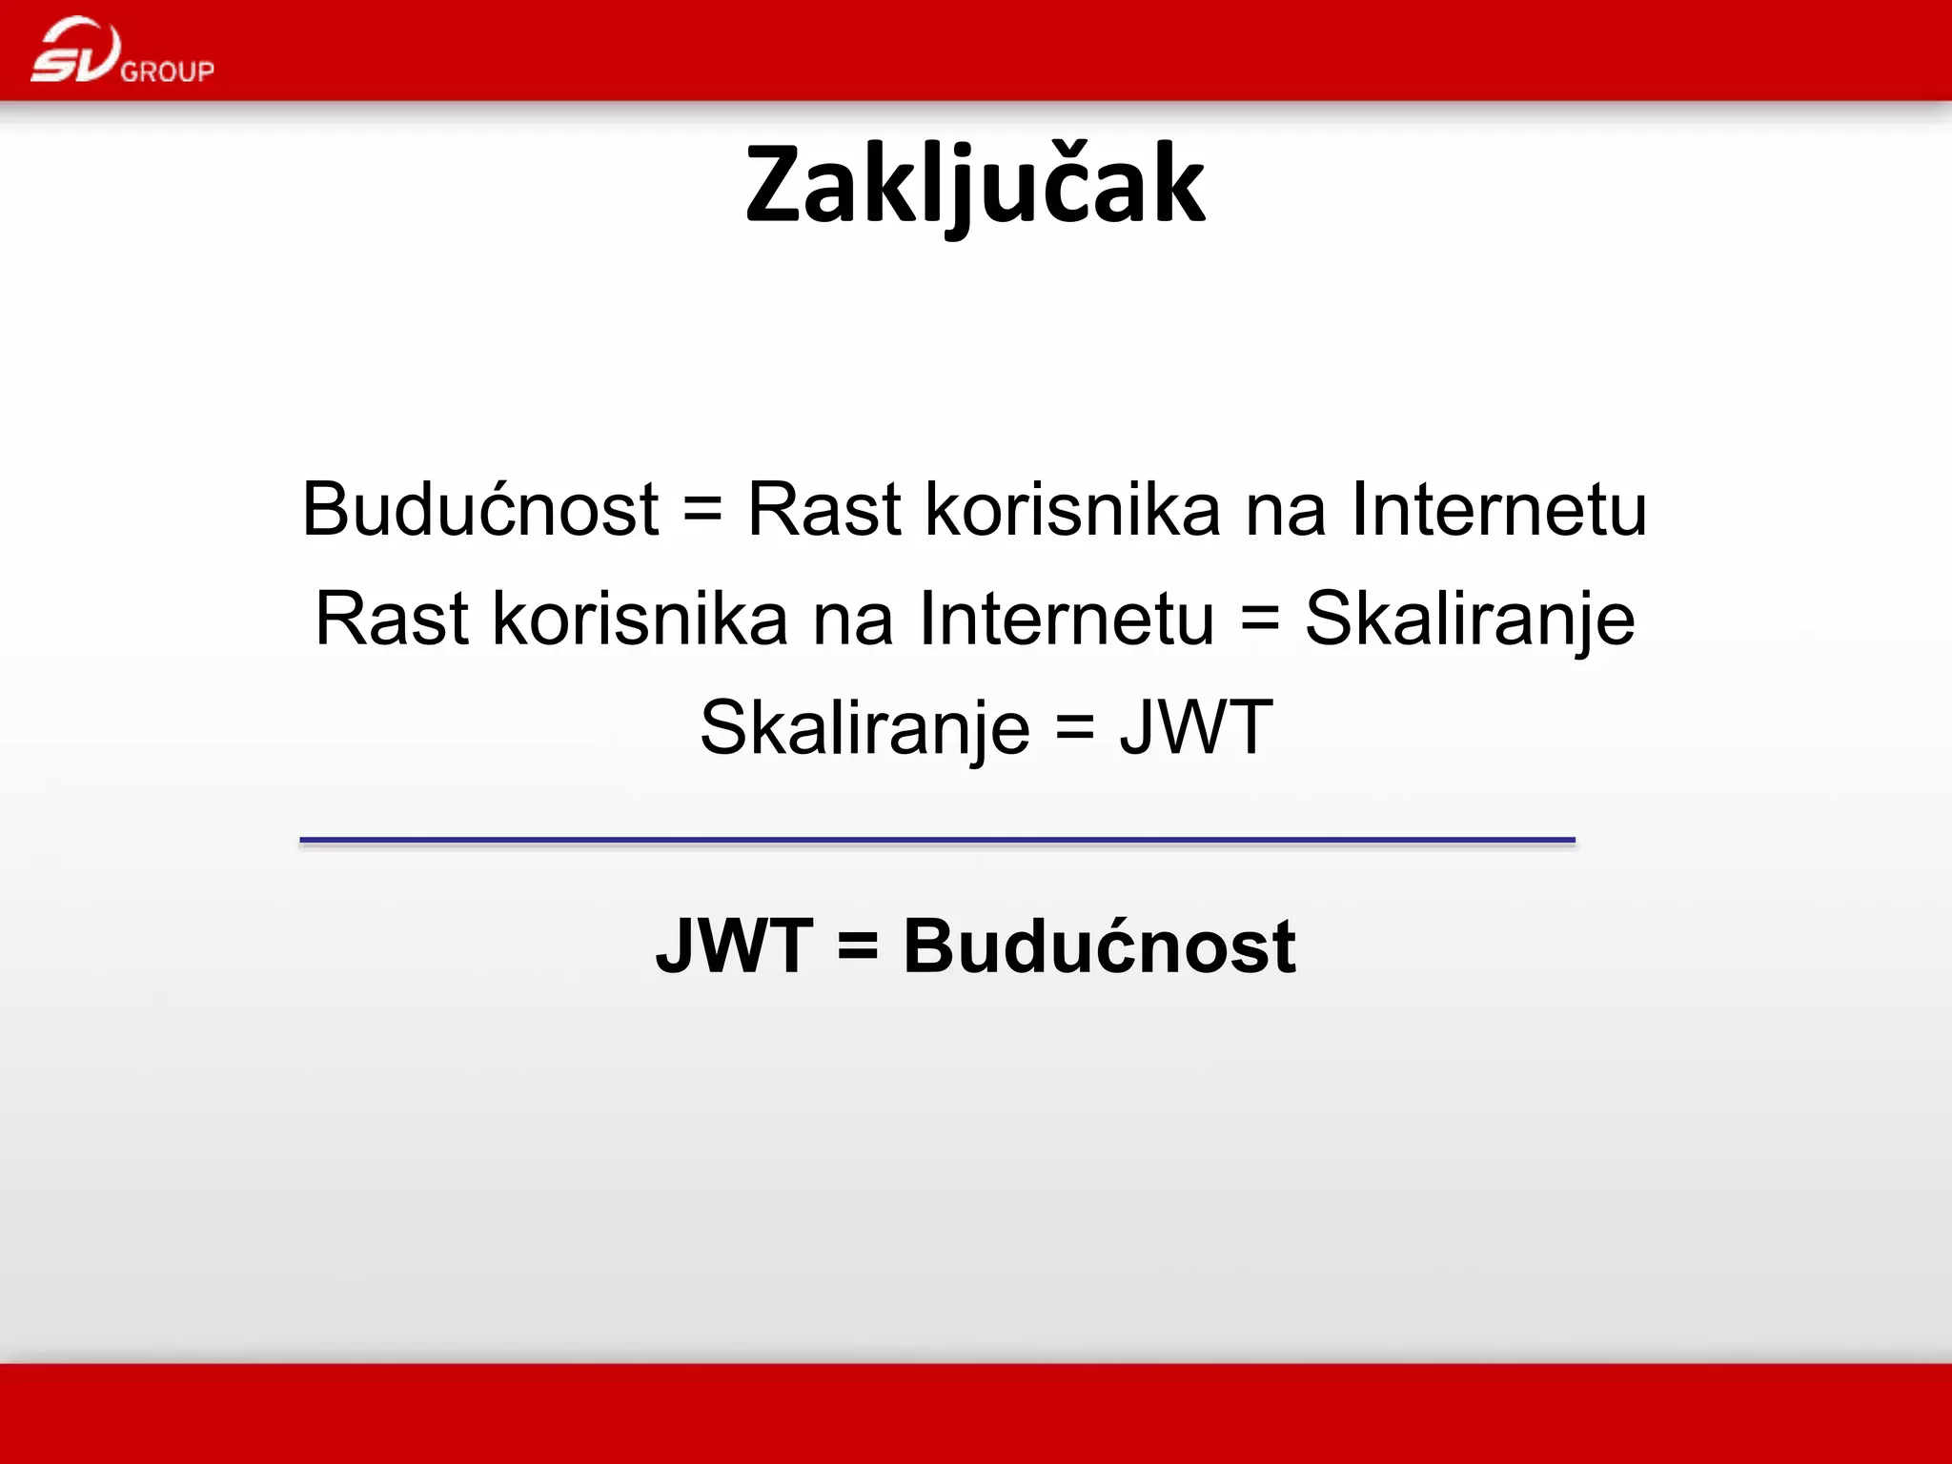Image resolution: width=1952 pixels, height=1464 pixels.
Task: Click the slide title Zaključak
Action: (x=975, y=186)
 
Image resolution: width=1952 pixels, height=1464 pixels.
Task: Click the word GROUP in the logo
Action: (x=168, y=71)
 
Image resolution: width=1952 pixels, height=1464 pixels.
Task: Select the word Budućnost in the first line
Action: (x=480, y=509)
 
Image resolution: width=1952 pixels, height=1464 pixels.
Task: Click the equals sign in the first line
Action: (x=702, y=511)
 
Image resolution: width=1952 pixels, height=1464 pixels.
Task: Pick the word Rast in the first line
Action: (x=824, y=509)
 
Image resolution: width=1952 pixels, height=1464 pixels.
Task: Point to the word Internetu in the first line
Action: (x=1499, y=509)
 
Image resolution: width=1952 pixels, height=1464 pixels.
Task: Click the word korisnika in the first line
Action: (x=1073, y=509)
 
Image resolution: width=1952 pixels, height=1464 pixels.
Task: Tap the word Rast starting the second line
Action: (x=392, y=619)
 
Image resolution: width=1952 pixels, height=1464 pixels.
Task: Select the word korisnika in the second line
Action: (x=640, y=619)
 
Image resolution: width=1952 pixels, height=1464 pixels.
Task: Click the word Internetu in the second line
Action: (x=1067, y=619)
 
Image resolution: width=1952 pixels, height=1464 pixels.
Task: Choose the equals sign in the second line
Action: (x=1259, y=620)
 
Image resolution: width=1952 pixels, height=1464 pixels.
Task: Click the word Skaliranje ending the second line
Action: (x=1470, y=620)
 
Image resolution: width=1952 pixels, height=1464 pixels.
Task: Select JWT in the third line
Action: (x=1196, y=727)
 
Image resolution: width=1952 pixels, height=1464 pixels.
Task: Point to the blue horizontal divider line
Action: (x=937, y=840)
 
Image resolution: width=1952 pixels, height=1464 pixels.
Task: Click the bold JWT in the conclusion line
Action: (x=734, y=946)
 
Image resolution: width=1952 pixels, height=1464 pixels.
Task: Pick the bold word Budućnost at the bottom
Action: (x=1099, y=946)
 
